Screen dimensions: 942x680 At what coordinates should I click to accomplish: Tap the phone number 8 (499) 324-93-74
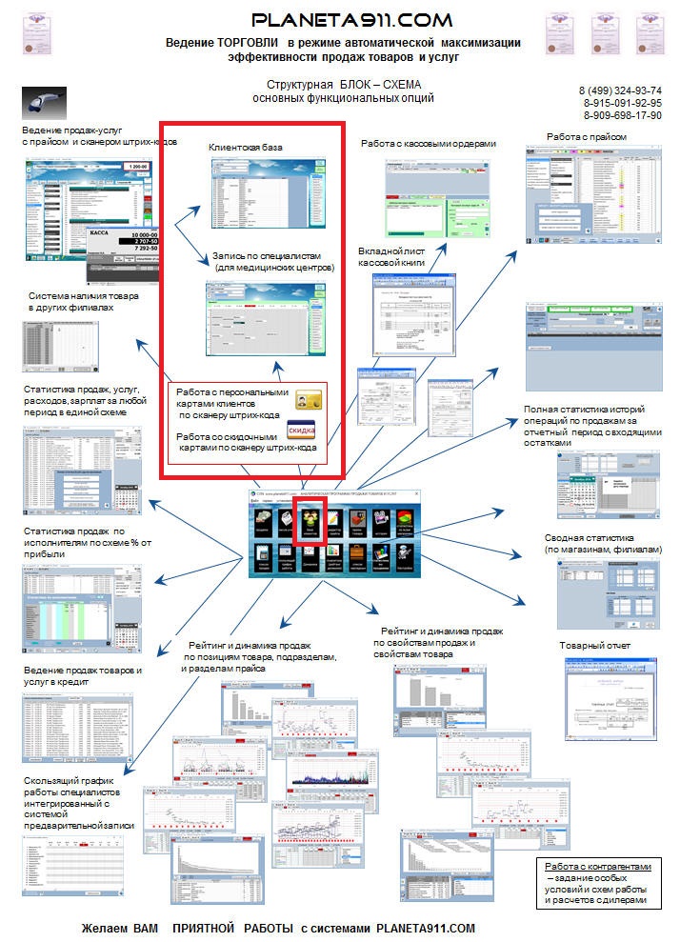pyautogui.click(x=620, y=90)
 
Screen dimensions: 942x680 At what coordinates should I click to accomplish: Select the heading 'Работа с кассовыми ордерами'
pyautogui.click(x=429, y=144)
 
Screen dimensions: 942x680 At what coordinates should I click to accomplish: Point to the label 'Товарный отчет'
pyautogui.click(x=594, y=647)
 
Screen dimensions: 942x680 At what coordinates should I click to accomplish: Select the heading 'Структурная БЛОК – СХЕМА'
pyautogui.click(x=344, y=85)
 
